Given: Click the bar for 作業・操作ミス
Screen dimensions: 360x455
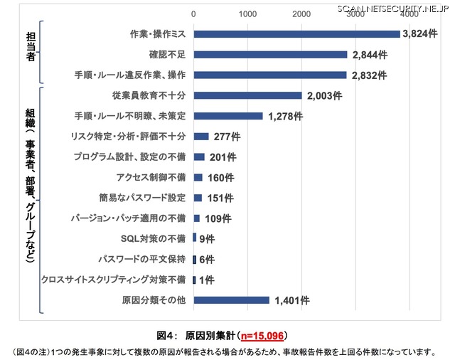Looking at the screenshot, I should click(x=296, y=33).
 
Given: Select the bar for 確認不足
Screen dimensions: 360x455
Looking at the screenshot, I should click(x=270, y=54).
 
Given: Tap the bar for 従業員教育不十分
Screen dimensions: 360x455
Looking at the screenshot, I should click(x=247, y=95).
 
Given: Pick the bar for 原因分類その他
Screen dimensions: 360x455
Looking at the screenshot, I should click(x=231, y=300).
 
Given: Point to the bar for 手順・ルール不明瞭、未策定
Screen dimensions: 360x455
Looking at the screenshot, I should click(x=227, y=116).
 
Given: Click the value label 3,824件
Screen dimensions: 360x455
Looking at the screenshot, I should click(x=419, y=33).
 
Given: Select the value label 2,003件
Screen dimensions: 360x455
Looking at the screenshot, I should click(x=325, y=95).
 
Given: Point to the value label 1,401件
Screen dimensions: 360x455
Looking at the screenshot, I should click(x=291, y=300).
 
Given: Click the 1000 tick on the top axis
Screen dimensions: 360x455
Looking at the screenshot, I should click(x=247, y=14).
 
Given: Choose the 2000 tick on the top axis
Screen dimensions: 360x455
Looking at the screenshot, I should click(x=301, y=14).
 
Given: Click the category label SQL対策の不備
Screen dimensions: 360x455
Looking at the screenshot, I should click(x=154, y=238).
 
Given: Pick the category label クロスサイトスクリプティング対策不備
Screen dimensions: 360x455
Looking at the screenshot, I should click(x=114, y=280).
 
